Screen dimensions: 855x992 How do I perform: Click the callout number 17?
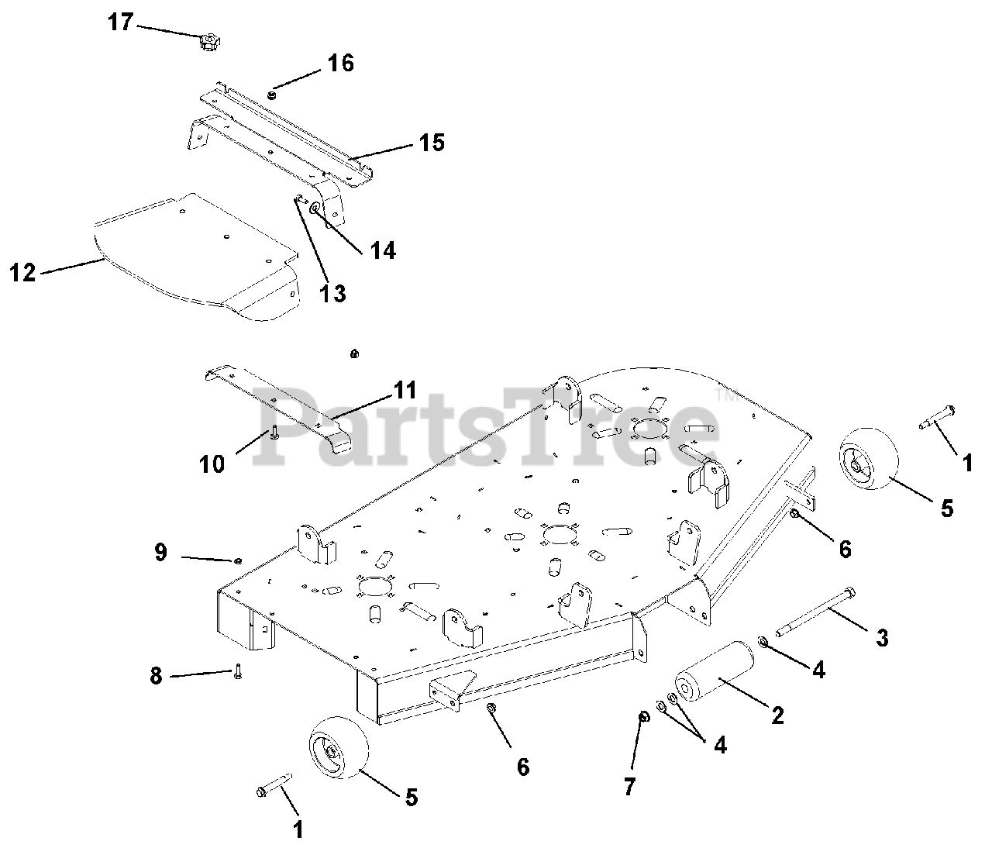[121, 21]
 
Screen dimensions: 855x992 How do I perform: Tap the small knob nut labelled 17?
[206, 43]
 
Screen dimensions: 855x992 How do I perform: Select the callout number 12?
[23, 273]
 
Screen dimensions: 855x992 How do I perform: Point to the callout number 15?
[432, 143]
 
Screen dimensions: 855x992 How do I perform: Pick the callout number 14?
[383, 250]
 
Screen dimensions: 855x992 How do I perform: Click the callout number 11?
[405, 390]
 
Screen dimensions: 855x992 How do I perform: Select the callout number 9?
[160, 553]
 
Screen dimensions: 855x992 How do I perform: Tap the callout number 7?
[629, 788]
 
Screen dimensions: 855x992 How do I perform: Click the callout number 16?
[340, 63]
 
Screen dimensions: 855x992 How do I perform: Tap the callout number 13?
[334, 294]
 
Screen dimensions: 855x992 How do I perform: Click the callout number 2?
[777, 715]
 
